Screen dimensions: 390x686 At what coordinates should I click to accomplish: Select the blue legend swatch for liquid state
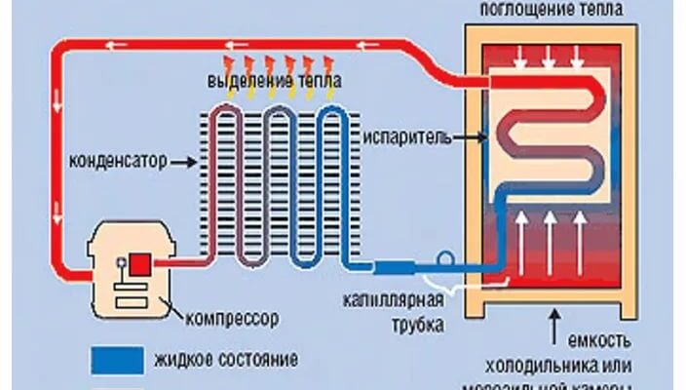coord(120,359)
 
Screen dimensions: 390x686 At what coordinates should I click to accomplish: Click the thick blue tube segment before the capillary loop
coord(400,265)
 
